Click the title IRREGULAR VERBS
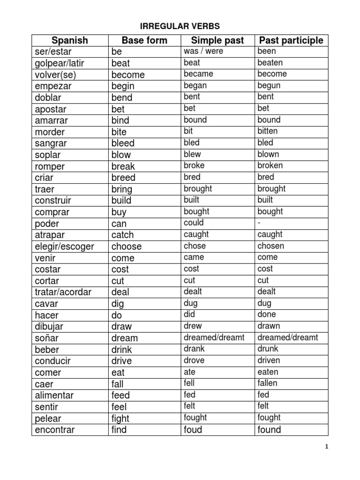180,26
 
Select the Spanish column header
70,40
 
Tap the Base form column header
144,40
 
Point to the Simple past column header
217,40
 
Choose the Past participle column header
291,40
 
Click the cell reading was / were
203,51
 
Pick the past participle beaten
270,62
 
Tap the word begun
269,85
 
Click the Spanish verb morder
50,132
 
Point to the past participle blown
268,154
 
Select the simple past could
194,223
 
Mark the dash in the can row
259,223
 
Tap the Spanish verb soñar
47,338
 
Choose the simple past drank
194,349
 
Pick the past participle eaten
268,372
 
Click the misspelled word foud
193,429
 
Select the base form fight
120,418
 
